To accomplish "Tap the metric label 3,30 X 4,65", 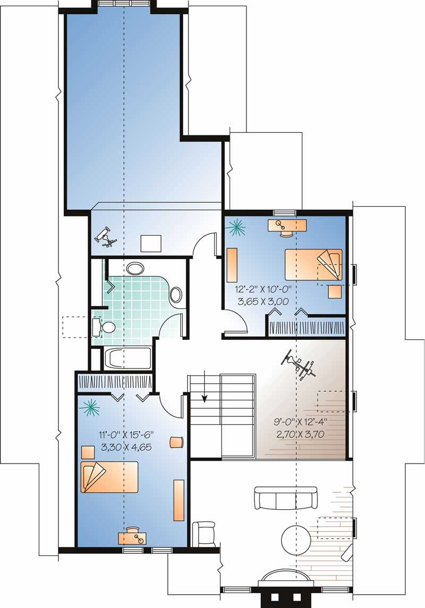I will point(126,447).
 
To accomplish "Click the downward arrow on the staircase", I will point(205,399).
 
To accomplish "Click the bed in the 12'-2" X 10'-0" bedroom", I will point(313,264).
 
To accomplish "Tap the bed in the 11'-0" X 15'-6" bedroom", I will point(109,477).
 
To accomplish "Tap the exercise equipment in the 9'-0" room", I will point(300,365).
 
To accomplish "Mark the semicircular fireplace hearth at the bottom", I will point(285,576).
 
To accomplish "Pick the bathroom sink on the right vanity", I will point(176,295).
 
